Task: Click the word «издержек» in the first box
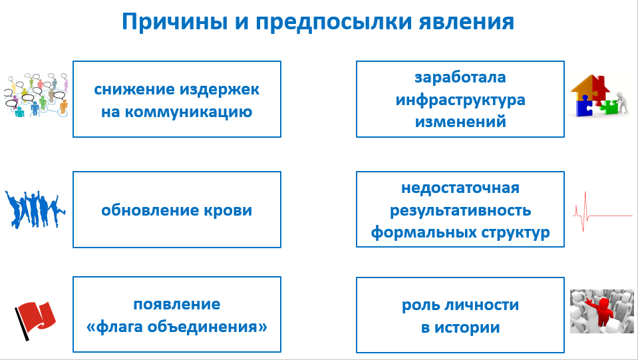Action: pos(220,90)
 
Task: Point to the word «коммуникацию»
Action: pos(188,112)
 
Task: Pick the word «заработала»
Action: pos(460,77)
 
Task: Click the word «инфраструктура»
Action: pos(460,100)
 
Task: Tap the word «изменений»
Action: pos(460,122)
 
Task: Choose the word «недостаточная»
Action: pos(460,188)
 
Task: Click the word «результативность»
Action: pos(460,211)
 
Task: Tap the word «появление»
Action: pos(176,304)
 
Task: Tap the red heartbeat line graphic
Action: pos(603,212)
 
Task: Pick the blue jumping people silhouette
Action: pos(35,209)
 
